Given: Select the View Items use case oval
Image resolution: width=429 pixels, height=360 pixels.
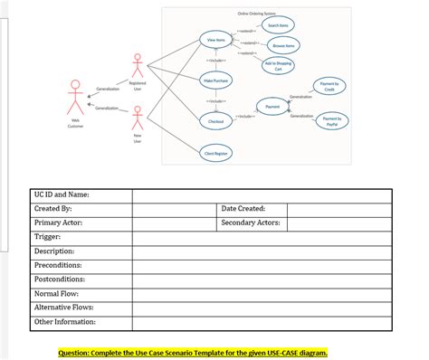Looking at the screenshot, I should click(x=216, y=40).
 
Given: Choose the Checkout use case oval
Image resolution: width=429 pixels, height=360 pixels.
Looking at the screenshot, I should click(x=216, y=120).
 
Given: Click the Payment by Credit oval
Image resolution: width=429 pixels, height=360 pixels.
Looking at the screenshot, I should click(x=329, y=87).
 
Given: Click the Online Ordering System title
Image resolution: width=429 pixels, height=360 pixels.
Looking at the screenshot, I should click(x=258, y=14).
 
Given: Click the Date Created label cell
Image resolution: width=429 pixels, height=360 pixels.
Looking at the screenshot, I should click(x=243, y=208).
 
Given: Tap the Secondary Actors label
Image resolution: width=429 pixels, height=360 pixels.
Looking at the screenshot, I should click(x=251, y=222).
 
